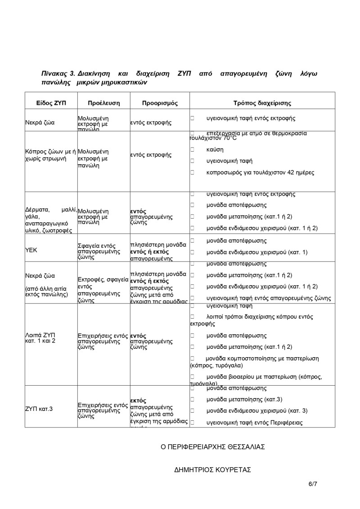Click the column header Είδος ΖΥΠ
click(51, 103)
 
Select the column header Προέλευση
click(103, 103)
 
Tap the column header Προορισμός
click(160, 103)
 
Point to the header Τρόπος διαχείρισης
click(262, 103)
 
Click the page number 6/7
click(313, 484)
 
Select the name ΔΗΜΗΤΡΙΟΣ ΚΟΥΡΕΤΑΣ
click(212, 470)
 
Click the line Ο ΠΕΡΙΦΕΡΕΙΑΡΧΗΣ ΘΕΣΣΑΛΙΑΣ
click(213, 447)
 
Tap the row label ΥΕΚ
click(31, 249)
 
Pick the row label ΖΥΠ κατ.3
click(39, 409)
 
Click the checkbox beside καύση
click(192, 149)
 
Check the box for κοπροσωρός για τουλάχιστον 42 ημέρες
click(192, 172)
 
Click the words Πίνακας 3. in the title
click(58, 73)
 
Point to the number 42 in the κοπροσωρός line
click(284, 172)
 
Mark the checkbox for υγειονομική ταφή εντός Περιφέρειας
click(192, 423)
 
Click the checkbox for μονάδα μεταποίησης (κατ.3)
click(192, 399)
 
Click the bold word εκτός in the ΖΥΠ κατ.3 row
click(138, 400)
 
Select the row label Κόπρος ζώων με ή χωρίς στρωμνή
click(51, 155)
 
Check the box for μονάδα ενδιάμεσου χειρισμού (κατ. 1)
click(192, 252)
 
